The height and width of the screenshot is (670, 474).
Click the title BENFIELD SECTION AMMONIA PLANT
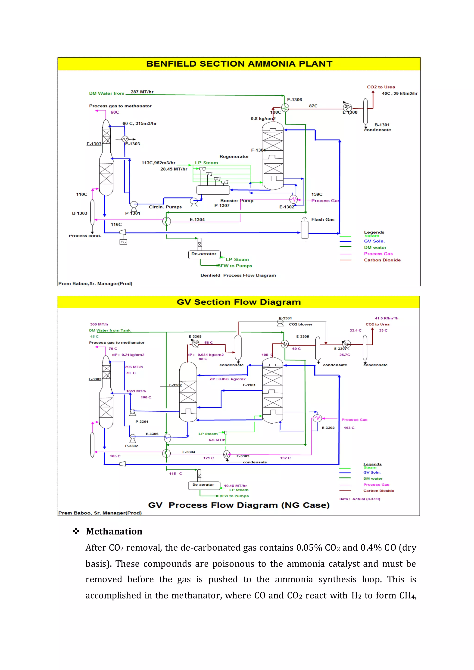click(239, 64)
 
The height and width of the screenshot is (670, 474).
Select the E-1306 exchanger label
click(294, 100)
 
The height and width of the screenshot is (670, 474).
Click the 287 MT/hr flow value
click(142, 92)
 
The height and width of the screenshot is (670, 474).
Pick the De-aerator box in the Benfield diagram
click(204, 254)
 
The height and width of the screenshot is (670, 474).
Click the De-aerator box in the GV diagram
click(203, 485)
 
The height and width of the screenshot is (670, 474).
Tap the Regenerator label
click(234, 157)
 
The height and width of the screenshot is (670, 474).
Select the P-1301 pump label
click(133, 213)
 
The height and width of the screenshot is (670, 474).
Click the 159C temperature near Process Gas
click(317, 194)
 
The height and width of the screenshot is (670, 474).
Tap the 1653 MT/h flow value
click(136, 391)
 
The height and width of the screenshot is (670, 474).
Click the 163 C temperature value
click(349, 428)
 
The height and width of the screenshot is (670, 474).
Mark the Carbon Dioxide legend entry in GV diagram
click(379, 491)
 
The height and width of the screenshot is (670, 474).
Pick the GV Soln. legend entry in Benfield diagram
click(374, 241)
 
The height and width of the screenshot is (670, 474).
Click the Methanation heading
click(114, 531)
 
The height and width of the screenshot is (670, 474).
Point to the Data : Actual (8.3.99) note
click(360, 499)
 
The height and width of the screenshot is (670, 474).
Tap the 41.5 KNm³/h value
click(387, 318)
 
